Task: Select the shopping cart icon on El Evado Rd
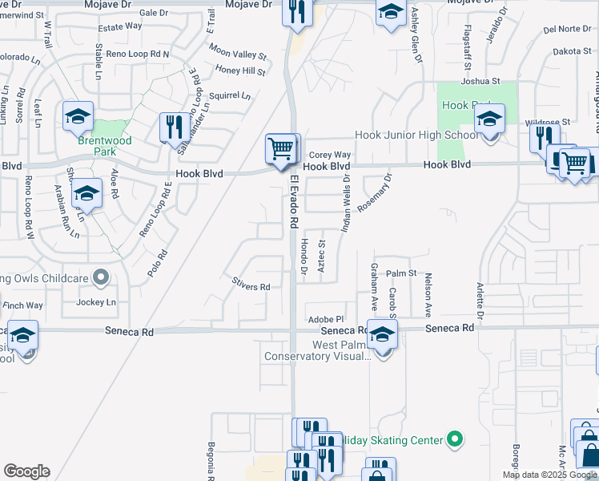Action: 281,148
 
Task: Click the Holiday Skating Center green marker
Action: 455,439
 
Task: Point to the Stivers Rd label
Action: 251,286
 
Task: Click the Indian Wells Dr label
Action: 347,205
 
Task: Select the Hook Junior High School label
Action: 416,135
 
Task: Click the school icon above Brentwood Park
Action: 78,116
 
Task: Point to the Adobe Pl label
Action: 325,319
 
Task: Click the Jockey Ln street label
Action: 96,302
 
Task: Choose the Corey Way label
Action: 330,155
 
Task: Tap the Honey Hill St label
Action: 240,71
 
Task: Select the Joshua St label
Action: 480,82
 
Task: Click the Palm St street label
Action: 402,273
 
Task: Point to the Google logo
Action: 26,471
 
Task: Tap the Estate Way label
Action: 119,26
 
